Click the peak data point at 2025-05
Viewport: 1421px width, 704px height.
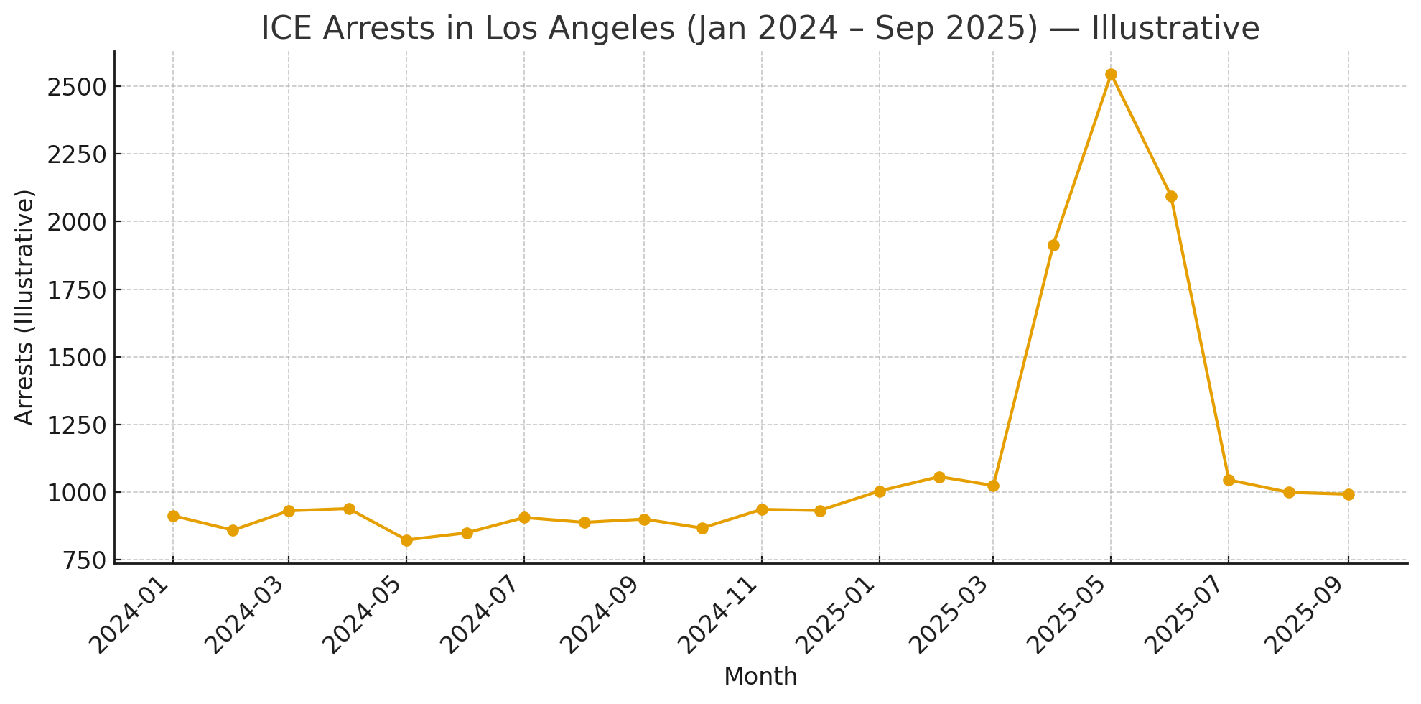point(1111,75)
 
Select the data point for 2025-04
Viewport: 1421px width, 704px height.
point(1053,246)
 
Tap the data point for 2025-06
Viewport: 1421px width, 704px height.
point(1171,197)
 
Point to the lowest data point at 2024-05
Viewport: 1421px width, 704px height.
point(406,540)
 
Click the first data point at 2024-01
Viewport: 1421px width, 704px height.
point(173,516)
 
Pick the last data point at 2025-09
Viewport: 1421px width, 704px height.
point(1348,494)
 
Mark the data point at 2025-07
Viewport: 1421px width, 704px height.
point(1229,480)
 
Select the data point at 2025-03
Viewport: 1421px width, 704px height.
point(993,486)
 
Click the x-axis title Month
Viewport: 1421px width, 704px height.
point(760,677)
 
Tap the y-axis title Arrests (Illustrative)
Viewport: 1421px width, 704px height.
point(25,307)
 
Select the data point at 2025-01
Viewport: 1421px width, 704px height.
point(880,491)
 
